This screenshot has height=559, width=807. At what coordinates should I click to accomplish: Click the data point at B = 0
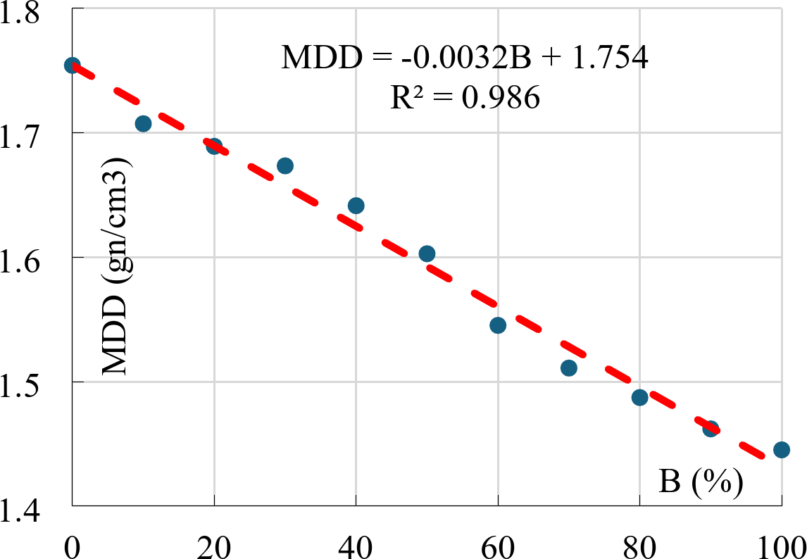coord(72,65)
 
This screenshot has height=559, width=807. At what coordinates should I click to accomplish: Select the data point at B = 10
coord(143,124)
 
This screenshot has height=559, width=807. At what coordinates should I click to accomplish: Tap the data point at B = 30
coord(284,166)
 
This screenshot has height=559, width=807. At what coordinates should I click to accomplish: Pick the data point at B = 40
coord(356,206)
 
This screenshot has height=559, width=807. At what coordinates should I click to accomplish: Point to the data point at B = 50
coord(427,253)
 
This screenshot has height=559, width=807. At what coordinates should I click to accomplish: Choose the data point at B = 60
coord(498,325)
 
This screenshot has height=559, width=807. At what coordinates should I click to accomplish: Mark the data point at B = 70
coord(569,368)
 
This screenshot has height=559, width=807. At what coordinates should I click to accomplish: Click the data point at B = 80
coord(639,397)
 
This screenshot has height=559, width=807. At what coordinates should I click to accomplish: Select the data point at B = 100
coord(782,449)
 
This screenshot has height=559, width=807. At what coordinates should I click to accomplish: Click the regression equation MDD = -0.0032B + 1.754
coord(464,58)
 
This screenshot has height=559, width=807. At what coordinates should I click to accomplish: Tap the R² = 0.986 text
coord(465,99)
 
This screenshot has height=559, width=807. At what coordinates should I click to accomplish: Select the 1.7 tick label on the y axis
coord(23,132)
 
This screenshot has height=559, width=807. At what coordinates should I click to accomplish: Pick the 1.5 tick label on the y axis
coord(23,382)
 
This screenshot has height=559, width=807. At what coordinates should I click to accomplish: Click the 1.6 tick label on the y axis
coord(23,257)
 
